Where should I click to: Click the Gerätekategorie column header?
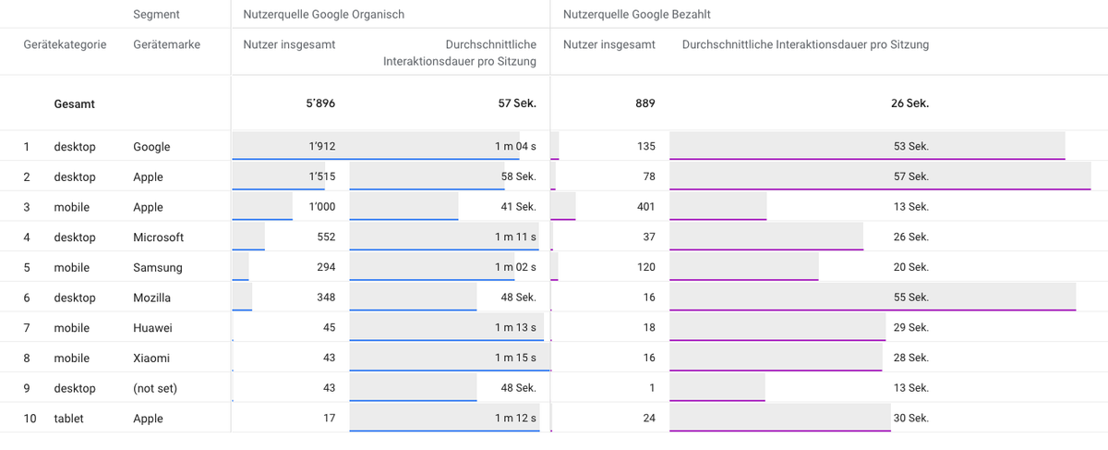pyautogui.click(x=65, y=44)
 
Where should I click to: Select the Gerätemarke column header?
pyautogui.click(x=167, y=44)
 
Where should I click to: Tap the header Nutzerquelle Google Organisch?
pyautogui.click(x=323, y=15)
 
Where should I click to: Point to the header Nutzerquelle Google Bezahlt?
pyautogui.click(x=636, y=15)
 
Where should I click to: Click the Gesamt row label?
pyautogui.click(x=74, y=104)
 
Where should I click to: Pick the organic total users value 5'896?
pyautogui.click(x=320, y=103)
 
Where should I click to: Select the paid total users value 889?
pyautogui.click(x=645, y=103)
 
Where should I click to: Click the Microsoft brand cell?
pyautogui.click(x=158, y=237)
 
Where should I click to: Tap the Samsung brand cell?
pyautogui.click(x=158, y=267)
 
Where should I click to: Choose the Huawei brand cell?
pyautogui.click(x=153, y=328)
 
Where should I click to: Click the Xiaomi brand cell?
pyautogui.click(x=151, y=358)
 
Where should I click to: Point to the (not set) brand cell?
pyautogui.click(x=155, y=388)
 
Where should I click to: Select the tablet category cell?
pyautogui.click(x=68, y=419)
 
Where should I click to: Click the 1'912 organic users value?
pyautogui.click(x=322, y=146)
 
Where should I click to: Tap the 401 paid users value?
pyautogui.click(x=646, y=206)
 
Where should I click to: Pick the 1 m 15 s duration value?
pyautogui.click(x=515, y=358)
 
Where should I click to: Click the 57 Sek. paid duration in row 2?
pyautogui.click(x=911, y=176)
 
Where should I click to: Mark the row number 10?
pyautogui.click(x=30, y=419)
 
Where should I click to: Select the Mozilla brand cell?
pyautogui.click(x=151, y=298)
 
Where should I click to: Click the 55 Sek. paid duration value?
pyautogui.click(x=911, y=297)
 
